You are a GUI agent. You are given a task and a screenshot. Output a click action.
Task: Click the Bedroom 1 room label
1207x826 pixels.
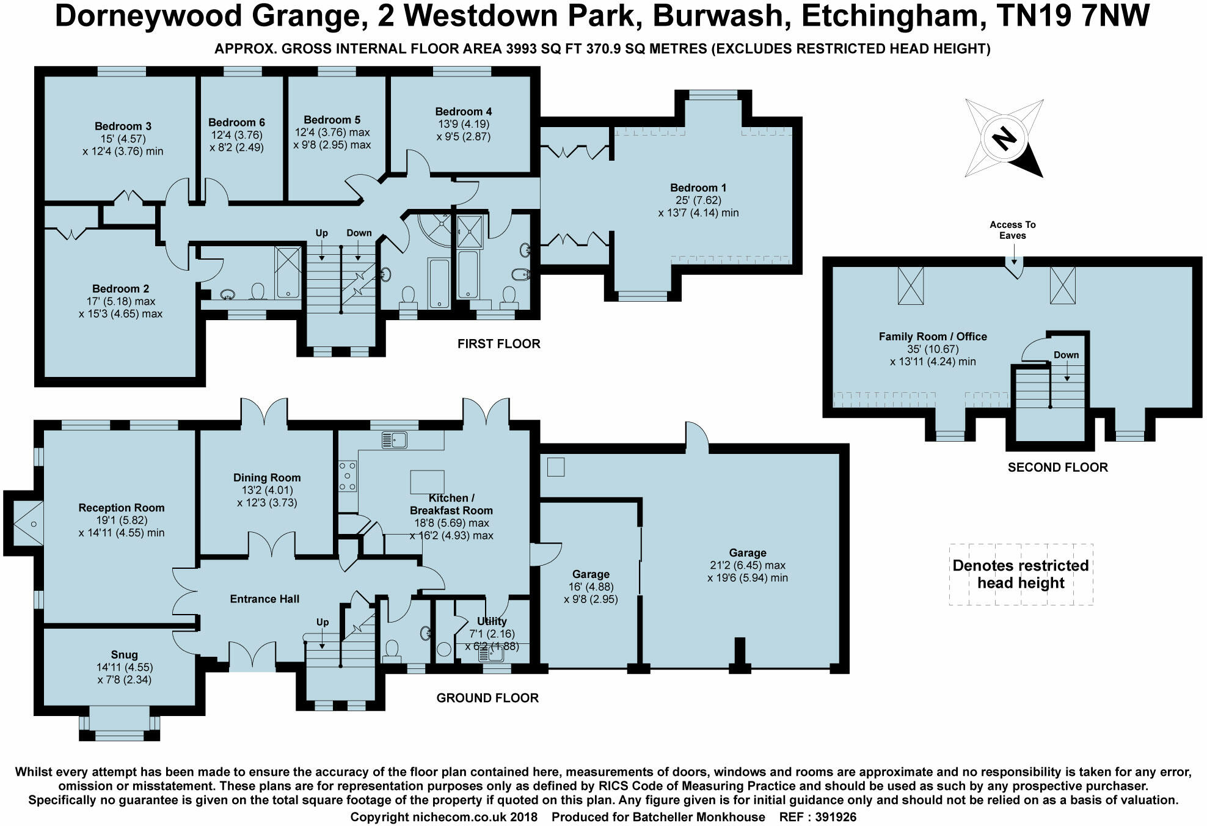[x=698, y=188]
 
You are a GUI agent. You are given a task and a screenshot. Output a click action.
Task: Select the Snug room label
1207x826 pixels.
[x=124, y=654]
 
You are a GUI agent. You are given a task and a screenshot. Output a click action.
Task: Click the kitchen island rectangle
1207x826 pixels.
[x=427, y=481]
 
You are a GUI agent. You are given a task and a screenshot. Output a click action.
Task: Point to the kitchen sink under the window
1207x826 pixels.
[x=394, y=439]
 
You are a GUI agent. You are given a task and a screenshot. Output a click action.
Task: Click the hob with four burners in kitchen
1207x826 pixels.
[x=347, y=475]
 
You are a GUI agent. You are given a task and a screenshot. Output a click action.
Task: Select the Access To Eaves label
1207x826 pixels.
[x=1012, y=230]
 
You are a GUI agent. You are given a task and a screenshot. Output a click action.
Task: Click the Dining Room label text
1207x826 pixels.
[x=267, y=478]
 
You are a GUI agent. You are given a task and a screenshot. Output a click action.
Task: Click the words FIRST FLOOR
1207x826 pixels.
[x=498, y=344]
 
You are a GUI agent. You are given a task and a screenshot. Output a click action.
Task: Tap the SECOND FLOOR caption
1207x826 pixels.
[x=1057, y=467]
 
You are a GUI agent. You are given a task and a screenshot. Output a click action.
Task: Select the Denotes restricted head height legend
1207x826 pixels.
[x=1021, y=574]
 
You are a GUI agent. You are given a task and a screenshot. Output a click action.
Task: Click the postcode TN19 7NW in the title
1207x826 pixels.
[x=1073, y=16]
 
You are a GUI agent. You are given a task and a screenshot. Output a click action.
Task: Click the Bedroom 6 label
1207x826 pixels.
[x=236, y=122]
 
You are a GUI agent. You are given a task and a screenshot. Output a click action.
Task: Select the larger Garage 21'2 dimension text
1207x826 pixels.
[x=747, y=565]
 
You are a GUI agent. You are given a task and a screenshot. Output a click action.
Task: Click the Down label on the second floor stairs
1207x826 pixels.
[x=1066, y=355]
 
